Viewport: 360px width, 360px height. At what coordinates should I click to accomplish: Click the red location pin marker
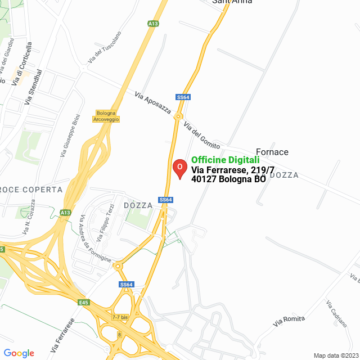(179, 168)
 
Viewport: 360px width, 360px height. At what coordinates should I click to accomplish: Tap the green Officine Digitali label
(225, 160)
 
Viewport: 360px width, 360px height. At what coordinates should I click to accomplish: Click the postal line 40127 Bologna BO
(228, 179)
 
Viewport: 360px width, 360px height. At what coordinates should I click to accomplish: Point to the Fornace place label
(272, 152)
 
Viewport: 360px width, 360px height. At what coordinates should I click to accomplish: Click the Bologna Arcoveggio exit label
(107, 116)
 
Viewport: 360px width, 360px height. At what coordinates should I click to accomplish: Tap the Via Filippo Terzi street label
(105, 223)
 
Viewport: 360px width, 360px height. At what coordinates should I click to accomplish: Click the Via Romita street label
(289, 321)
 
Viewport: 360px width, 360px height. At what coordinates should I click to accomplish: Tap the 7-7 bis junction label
(120, 317)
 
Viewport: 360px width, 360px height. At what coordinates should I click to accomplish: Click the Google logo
(19, 353)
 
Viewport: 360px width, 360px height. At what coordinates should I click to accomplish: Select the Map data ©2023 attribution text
(335, 355)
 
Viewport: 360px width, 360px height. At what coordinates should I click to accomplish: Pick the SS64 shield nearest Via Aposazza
(183, 97)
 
